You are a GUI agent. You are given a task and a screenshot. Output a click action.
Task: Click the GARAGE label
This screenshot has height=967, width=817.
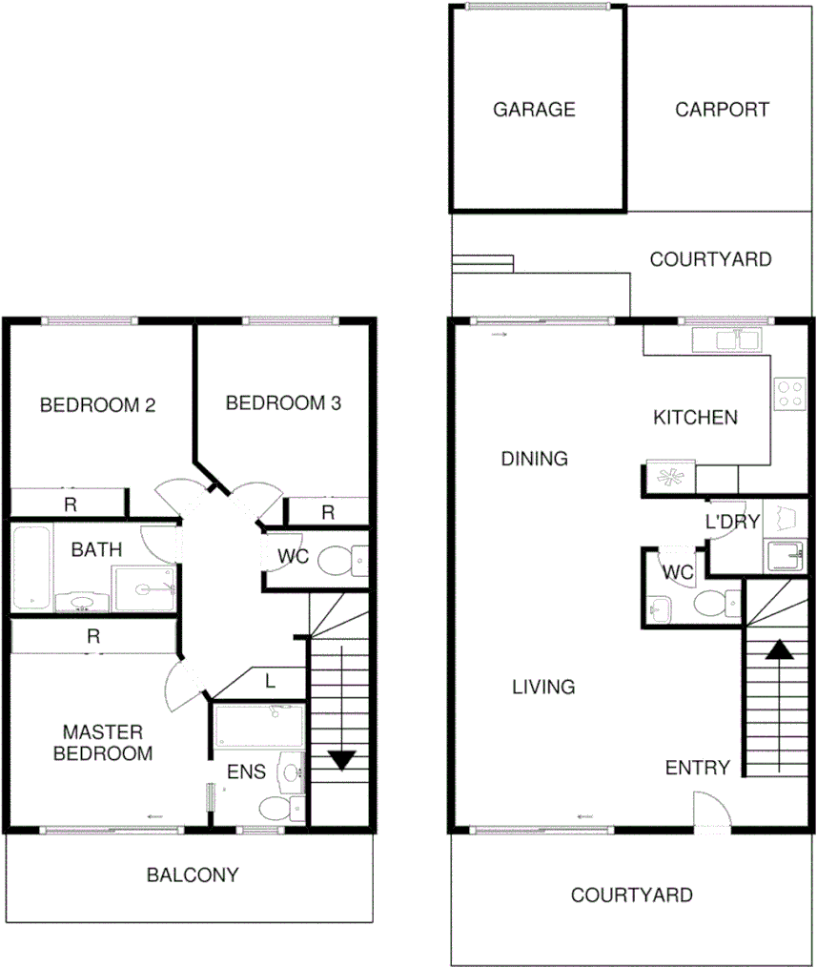pos(534,110)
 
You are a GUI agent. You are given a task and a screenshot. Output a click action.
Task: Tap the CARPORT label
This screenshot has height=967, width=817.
pos(722,110)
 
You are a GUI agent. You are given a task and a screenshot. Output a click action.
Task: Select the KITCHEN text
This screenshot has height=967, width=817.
pos(695,418)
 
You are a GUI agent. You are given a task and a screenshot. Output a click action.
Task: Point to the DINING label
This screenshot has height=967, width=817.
pos(534,460)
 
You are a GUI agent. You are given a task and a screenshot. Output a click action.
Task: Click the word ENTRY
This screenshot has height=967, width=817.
pos(698,769)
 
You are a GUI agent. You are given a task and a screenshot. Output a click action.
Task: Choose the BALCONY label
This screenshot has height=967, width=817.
pos(193,874)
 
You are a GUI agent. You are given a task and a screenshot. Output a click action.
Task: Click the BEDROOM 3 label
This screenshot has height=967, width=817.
pos(283,403)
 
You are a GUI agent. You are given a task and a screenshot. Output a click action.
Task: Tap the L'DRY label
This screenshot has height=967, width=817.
pos(732,523)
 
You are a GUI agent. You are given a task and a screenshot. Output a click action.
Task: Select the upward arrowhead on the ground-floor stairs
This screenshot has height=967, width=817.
pos(780,649)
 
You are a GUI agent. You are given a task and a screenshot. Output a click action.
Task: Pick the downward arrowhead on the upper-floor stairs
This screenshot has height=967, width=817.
pos(341,760)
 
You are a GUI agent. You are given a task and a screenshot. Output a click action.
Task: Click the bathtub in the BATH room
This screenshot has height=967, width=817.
pos(31,566)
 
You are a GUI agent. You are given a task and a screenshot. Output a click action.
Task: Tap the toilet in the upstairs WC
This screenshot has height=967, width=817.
pos(338,560)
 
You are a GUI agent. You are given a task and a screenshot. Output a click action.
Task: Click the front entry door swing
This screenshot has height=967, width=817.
pos(711,813)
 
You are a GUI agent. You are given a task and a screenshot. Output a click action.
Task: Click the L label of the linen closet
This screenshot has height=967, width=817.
pos(271,681)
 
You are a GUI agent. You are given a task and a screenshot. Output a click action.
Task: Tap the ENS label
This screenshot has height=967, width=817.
pos(246,772)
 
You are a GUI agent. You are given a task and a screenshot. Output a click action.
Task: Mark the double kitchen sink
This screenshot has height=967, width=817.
pos(726,339)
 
